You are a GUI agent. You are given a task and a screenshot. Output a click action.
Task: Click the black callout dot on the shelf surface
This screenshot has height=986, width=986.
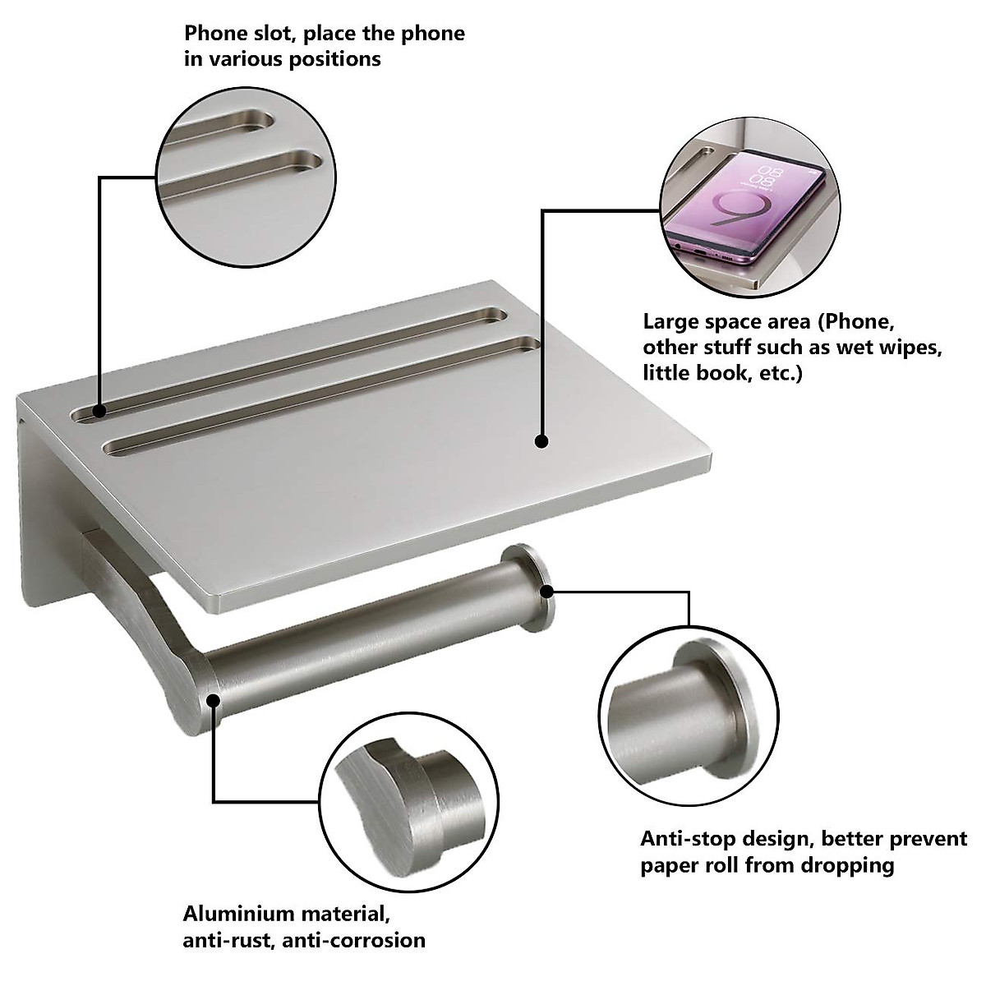click(x=541, y=441)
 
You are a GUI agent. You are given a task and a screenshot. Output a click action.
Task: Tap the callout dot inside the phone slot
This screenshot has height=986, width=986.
click(x=99, y=411)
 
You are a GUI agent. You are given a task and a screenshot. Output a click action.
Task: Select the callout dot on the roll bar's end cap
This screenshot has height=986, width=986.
click(x=546, y=589)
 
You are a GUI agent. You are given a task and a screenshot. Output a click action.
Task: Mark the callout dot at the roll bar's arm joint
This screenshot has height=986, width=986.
click(x=214, y=700)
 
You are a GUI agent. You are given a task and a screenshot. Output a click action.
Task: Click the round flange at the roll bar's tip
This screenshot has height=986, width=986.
click(x=530, y=587)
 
